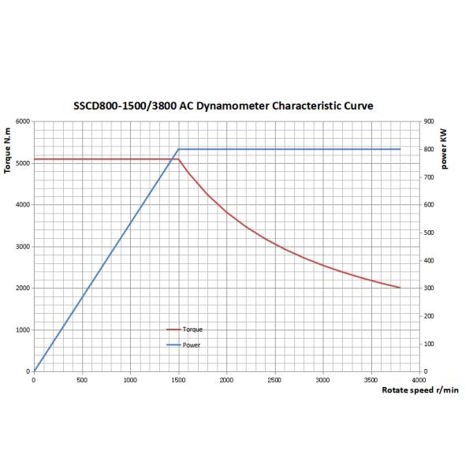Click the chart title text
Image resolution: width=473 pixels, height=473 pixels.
[x=229, y=105]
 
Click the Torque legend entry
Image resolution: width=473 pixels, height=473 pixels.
[x=192, y=330]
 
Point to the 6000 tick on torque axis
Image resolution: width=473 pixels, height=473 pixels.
[x=22, y=121]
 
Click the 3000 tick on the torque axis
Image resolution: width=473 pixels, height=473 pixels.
[x=22, y=247]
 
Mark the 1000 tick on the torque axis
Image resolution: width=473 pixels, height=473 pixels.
[x=22, y=330]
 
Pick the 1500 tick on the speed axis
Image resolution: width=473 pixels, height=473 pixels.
[x=178, y=379]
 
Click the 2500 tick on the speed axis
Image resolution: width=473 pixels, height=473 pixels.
[x=275, y=379]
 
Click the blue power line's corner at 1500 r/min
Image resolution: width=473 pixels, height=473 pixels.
[x=179, y=149]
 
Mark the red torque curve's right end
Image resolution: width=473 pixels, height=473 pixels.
[x=400, y=288]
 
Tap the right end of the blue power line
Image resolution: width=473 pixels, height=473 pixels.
[x=400, y=149]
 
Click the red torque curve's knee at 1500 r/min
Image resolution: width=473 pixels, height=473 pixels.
[x=179, y=159]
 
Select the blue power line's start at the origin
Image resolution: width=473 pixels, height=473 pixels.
[x=34, y=371]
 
